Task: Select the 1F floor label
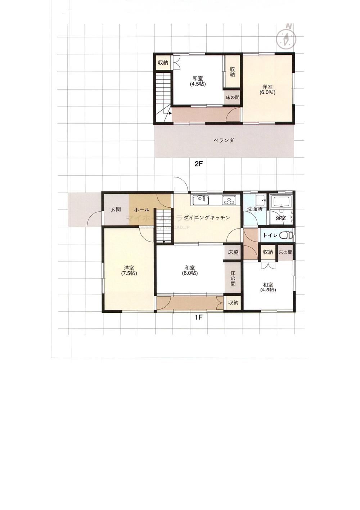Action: coord(199,317)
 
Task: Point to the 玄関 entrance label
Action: coord(116,209)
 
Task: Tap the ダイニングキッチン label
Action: coord(207,217)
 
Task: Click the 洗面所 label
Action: coord(254,209)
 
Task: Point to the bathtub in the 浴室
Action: coord(282,202)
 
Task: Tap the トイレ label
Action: coord(270,235)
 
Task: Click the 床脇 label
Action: coord(233,252)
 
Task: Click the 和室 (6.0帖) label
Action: coord(190,270)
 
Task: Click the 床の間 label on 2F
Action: coord(233,97)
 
